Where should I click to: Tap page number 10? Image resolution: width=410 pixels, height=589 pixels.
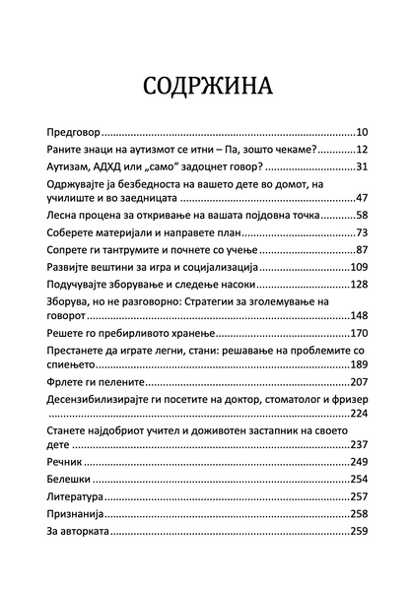(361, 130)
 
